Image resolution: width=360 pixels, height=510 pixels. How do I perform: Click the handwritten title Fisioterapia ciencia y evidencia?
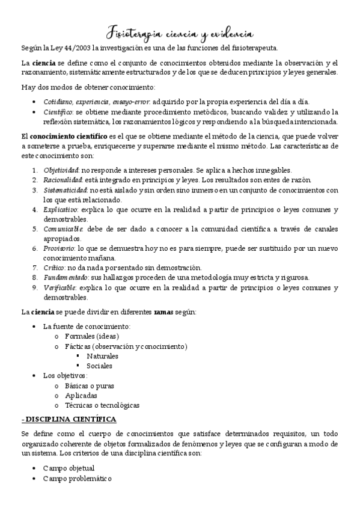pyautogui.click(x=180, y=31)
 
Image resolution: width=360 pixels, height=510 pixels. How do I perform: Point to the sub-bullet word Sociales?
pyautogui.click(x=99, y=365)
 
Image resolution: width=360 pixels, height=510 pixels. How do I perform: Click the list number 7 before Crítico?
pyautogui.click(x=35, y=267)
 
